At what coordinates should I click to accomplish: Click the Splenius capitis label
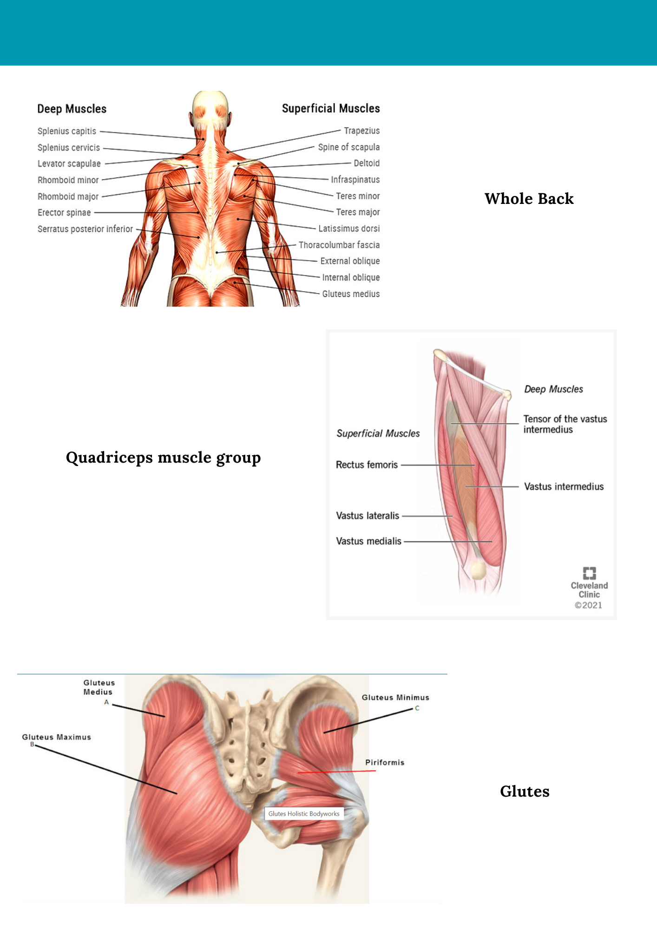pyautogui.click(x=67, y=131)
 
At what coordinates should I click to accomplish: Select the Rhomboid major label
pyautogui.click(x=68, y=196)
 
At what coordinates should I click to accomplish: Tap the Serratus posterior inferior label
pyautogui.click(x=85, y=229)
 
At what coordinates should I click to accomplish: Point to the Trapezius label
pyautogui.click(x=361, y=131)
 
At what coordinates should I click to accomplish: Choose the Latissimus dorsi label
pyautogui.click(x=349, y=229)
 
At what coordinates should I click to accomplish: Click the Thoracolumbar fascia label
pyautogui.click(x=339, y=245)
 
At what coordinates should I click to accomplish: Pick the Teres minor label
pyautogui.click(x=358, y=196)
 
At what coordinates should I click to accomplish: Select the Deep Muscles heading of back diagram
pyautogui.click(x=72, y=109)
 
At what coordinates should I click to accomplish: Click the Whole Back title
pyautogui.click(x=529, y=199)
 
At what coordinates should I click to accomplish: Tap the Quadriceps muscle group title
pyautogui.click(x=163, y=458)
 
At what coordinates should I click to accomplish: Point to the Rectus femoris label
pyautogui.click(x=367, y=465)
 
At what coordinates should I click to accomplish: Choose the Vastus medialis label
pyautogui.click(x=368, y=541)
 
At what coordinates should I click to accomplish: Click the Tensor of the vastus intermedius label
pyautogui.click(x=565, y=424)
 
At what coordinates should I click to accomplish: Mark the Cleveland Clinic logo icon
pyautogui.click(x=589, y=573)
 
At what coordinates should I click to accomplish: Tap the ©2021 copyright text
pyautogui.click(x=588, y=605)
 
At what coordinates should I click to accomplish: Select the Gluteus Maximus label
pyautogui.click(x=56, y=737)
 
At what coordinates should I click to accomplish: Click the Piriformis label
pyautogui.click(x=385, y=763)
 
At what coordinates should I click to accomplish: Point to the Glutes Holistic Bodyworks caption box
pyautogui.click(x=304, y=814)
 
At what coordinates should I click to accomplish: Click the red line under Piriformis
pyautogui.click(x=336, y=772)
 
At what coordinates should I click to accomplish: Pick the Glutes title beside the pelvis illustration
pyautogui.click(x=525, y=792)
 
